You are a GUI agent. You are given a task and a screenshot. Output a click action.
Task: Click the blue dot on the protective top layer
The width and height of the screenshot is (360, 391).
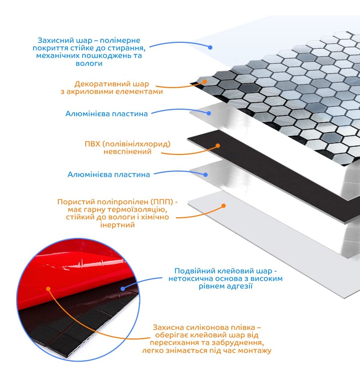point(210,47)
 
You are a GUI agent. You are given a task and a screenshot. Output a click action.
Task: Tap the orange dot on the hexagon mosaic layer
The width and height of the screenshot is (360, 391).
point(204,82)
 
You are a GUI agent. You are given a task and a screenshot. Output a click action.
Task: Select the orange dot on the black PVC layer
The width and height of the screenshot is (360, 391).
point(218,146)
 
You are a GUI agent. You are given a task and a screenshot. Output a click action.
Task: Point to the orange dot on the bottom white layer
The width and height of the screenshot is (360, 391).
point(224,206)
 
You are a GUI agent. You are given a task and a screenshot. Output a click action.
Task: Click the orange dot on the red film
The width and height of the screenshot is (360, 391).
point(48,289)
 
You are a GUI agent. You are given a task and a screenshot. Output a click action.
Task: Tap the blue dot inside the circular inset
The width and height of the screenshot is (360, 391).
point(123,289)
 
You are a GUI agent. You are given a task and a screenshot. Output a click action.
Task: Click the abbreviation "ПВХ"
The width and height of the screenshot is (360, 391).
point(92,144)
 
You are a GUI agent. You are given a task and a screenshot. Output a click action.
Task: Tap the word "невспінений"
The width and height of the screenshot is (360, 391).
point(127,151)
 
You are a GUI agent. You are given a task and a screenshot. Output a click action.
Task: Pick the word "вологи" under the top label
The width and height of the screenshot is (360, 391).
point(89,63)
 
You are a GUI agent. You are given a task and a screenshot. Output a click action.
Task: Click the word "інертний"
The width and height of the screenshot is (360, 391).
point(117,225)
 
